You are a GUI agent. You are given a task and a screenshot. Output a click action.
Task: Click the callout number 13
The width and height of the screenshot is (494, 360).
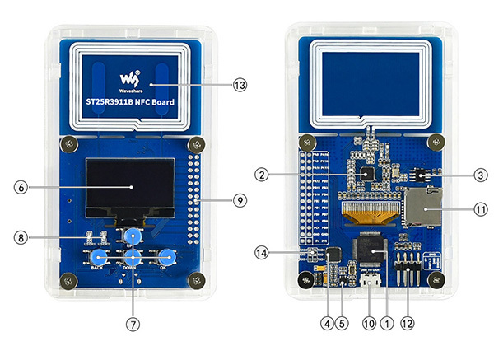click(240, 84)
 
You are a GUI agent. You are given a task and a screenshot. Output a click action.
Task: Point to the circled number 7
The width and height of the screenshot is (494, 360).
click(133, 324)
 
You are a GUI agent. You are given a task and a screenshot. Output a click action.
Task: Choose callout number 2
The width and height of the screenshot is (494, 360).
click(259, 175)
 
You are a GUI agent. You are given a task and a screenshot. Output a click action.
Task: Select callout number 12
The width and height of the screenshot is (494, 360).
click(407, 324)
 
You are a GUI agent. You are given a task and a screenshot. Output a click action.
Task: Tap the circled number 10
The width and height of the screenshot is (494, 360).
click(368, 324)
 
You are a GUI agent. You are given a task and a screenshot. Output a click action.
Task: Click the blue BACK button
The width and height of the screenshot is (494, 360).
click(97, 257)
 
